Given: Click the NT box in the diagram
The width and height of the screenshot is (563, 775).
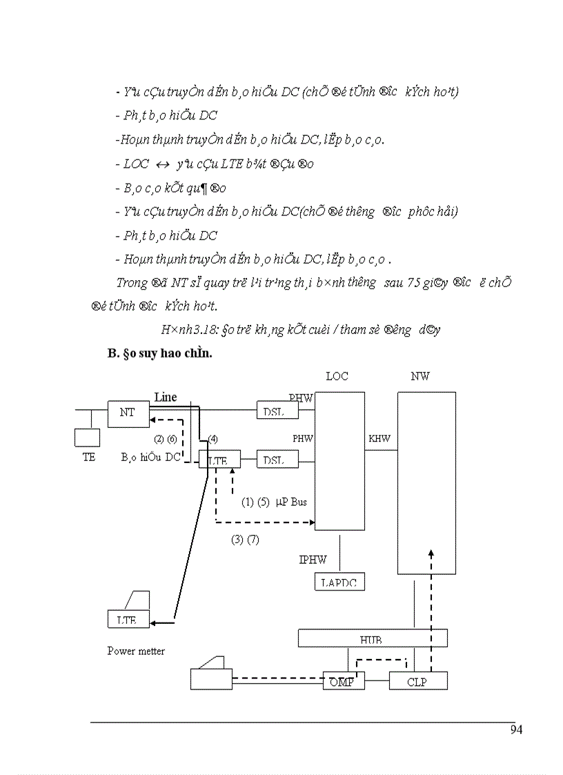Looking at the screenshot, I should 127,413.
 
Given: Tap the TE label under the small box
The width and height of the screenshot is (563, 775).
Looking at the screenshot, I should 89,457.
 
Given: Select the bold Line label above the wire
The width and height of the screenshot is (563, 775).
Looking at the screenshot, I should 166,397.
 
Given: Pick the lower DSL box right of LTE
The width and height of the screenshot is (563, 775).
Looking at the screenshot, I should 277,459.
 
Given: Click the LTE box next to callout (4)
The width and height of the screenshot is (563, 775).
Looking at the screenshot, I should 219,459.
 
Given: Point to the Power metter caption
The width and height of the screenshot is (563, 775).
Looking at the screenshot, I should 136,651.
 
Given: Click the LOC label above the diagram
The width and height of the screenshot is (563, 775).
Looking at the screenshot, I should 337,376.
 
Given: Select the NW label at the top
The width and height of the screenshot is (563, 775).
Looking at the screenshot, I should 419,376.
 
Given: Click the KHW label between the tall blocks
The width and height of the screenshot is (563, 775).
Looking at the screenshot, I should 379,438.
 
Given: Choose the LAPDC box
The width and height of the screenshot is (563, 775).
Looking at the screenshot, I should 339,582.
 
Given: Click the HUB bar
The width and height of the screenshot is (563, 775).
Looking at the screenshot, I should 372,638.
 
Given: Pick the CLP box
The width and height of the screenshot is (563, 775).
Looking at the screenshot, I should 417,681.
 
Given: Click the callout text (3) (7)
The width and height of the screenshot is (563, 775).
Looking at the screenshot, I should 245,540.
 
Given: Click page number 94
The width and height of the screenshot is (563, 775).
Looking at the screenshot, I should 516,729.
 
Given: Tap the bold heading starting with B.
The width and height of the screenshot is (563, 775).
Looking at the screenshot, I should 155,354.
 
